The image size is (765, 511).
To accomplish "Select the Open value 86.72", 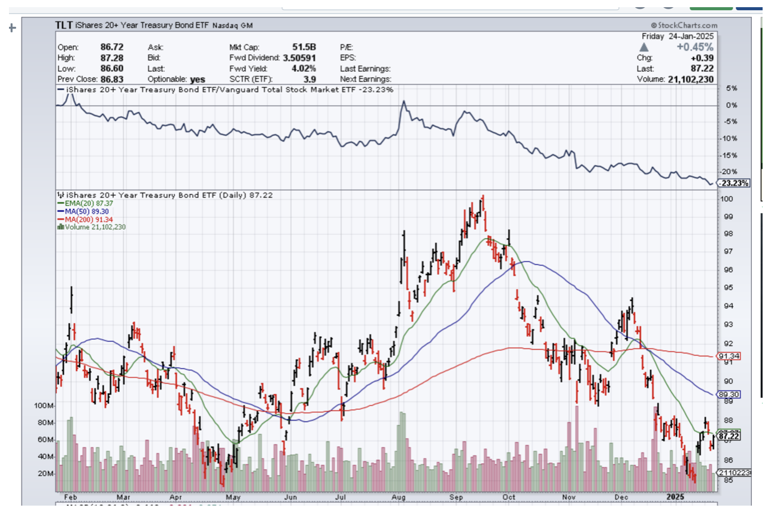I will [112, 47].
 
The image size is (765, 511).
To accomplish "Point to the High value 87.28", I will [112, 57].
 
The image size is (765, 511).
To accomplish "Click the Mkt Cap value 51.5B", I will [304, 47].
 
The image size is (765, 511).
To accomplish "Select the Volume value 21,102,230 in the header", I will [691, 79].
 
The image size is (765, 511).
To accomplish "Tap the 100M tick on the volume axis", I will [44, 406].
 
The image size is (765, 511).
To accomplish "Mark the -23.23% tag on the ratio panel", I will [734, 183].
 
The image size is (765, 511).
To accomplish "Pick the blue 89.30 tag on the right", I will [730, 394].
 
